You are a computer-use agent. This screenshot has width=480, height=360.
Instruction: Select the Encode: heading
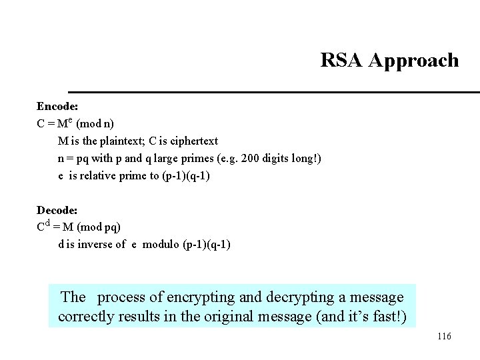coord(57,106)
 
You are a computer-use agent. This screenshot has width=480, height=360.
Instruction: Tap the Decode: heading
coord(57,209)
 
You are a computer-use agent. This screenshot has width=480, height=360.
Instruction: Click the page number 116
coord(444,337)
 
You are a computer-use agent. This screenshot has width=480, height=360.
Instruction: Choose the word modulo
coord(159,244)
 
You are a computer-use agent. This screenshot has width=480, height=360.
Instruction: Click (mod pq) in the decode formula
coord(103,227)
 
